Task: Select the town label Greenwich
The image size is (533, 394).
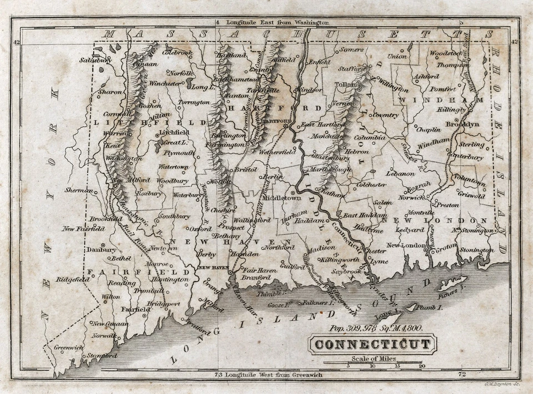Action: click(x=68, y=348)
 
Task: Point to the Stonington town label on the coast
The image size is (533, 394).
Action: click(x=476, y=250)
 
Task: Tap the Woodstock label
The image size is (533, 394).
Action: click(x=445, y=53)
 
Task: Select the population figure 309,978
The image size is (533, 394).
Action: click(x=360, y=329)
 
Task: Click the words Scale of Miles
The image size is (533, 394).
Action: click(x=373, y=358)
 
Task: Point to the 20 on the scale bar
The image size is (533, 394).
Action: click(x=422, y=366)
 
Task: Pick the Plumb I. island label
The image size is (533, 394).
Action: click(x=431, y=307)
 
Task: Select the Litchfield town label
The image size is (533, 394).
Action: click(x=174, y=133)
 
